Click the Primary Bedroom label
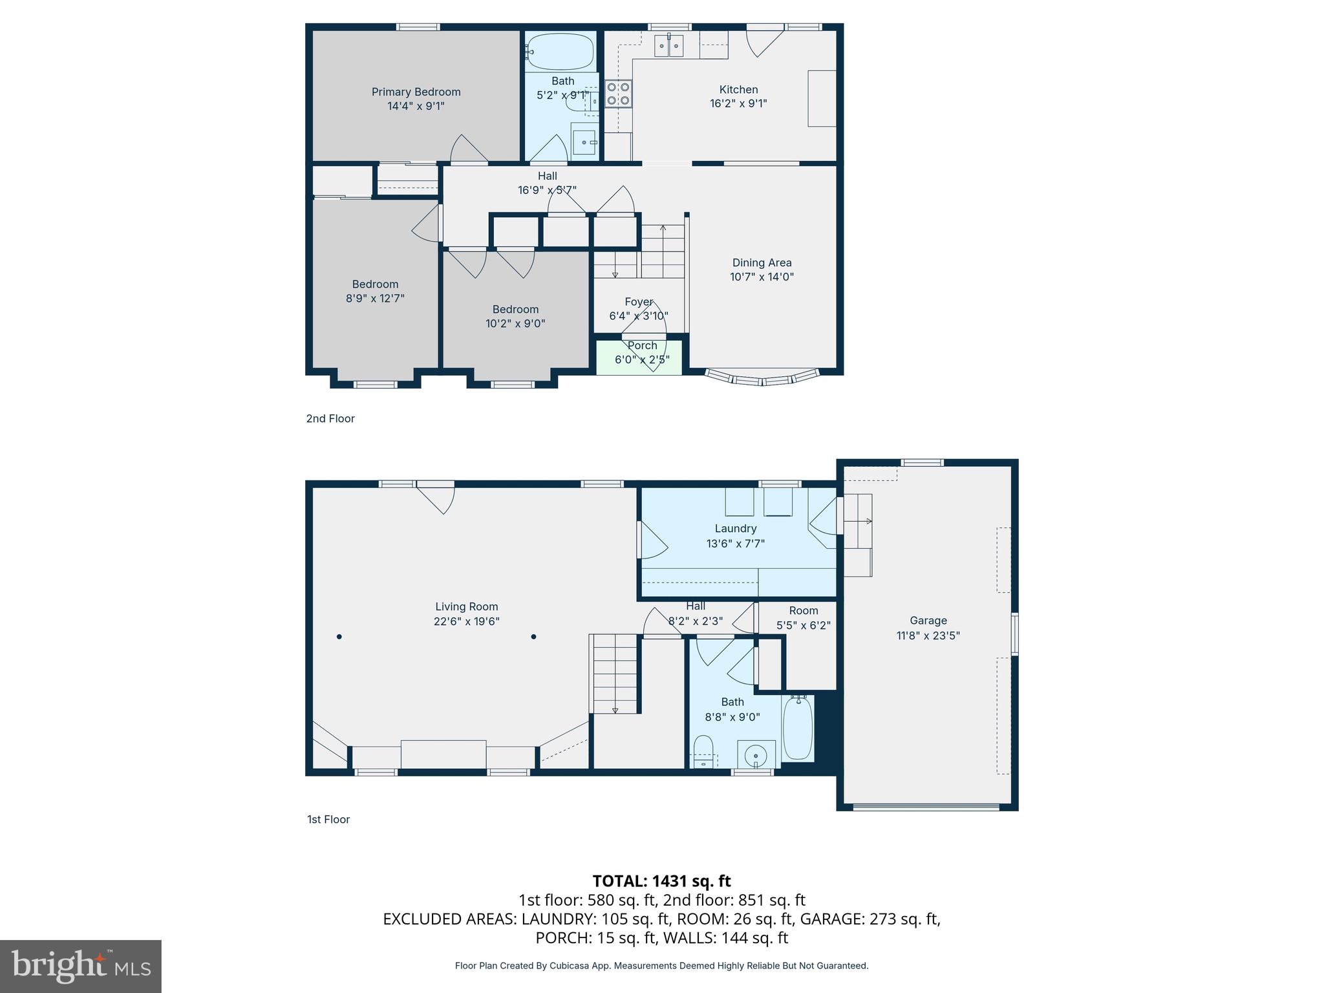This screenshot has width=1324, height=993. (416, 92)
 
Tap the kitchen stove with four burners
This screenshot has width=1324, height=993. (618, 93)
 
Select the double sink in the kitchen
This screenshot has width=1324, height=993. (668, 46)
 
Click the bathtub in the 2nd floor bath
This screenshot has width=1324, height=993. (560, 52)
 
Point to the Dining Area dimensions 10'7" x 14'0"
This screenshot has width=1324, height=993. (762, 277)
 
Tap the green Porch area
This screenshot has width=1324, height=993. (638, 358)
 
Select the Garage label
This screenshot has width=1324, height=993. (928, 621)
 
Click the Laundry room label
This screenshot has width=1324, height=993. (735, 528)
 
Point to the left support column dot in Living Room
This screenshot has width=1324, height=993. (339, 637)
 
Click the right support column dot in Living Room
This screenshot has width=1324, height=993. (534, 637)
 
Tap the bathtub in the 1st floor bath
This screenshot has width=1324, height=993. (798, 728)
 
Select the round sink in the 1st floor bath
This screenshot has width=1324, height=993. (756, 754)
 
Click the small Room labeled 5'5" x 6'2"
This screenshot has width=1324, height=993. (804, 618)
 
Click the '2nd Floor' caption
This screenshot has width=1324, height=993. (330, 418)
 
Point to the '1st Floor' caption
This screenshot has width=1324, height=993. (328, 819)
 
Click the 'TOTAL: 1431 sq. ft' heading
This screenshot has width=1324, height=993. (661, 881)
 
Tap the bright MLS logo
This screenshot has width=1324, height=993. (81, 966)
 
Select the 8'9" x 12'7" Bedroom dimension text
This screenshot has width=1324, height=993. (375, 299)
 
